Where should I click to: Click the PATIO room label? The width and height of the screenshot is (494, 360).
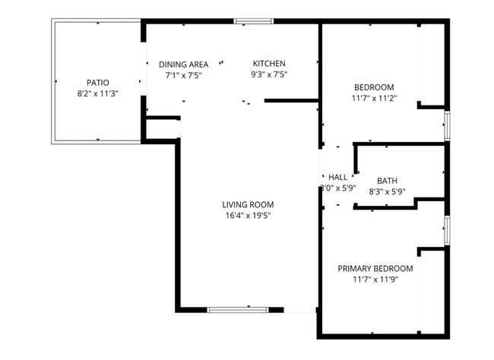point(97,82)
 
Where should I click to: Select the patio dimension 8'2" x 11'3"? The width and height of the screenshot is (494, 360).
point(97,93)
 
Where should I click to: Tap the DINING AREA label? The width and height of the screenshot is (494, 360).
point(183,65)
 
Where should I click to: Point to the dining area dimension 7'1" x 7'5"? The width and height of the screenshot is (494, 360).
point(183,75)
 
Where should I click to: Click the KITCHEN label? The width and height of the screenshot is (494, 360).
point(269,64)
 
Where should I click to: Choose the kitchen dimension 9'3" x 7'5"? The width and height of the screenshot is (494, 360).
point(269,74)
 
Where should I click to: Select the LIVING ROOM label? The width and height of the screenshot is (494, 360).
point(247,204)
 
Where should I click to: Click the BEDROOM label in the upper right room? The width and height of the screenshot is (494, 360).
point(373,87)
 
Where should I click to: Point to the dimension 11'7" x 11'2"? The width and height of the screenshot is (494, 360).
point(373,98)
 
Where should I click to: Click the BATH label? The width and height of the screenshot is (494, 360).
point(387,181)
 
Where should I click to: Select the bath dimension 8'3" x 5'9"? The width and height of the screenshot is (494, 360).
point(387,192)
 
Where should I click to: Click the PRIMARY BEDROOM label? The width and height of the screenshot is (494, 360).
point(375,268)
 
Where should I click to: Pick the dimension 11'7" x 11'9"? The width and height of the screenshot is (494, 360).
point(375,279)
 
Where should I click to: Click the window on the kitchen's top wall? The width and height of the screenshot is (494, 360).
point(245,21)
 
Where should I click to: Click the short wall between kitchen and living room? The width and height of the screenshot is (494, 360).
point(291,99)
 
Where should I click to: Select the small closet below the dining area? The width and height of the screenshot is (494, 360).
point(161,129)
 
